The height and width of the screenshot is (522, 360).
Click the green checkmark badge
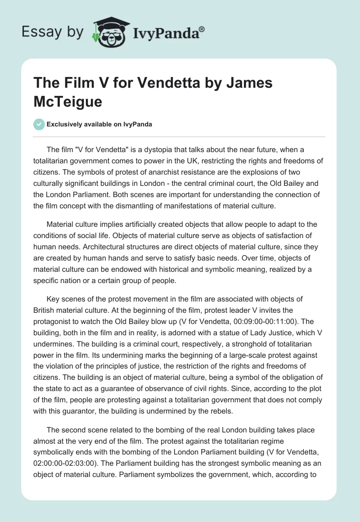39,124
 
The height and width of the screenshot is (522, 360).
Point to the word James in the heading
246,83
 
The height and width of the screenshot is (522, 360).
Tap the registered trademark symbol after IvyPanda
202,29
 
